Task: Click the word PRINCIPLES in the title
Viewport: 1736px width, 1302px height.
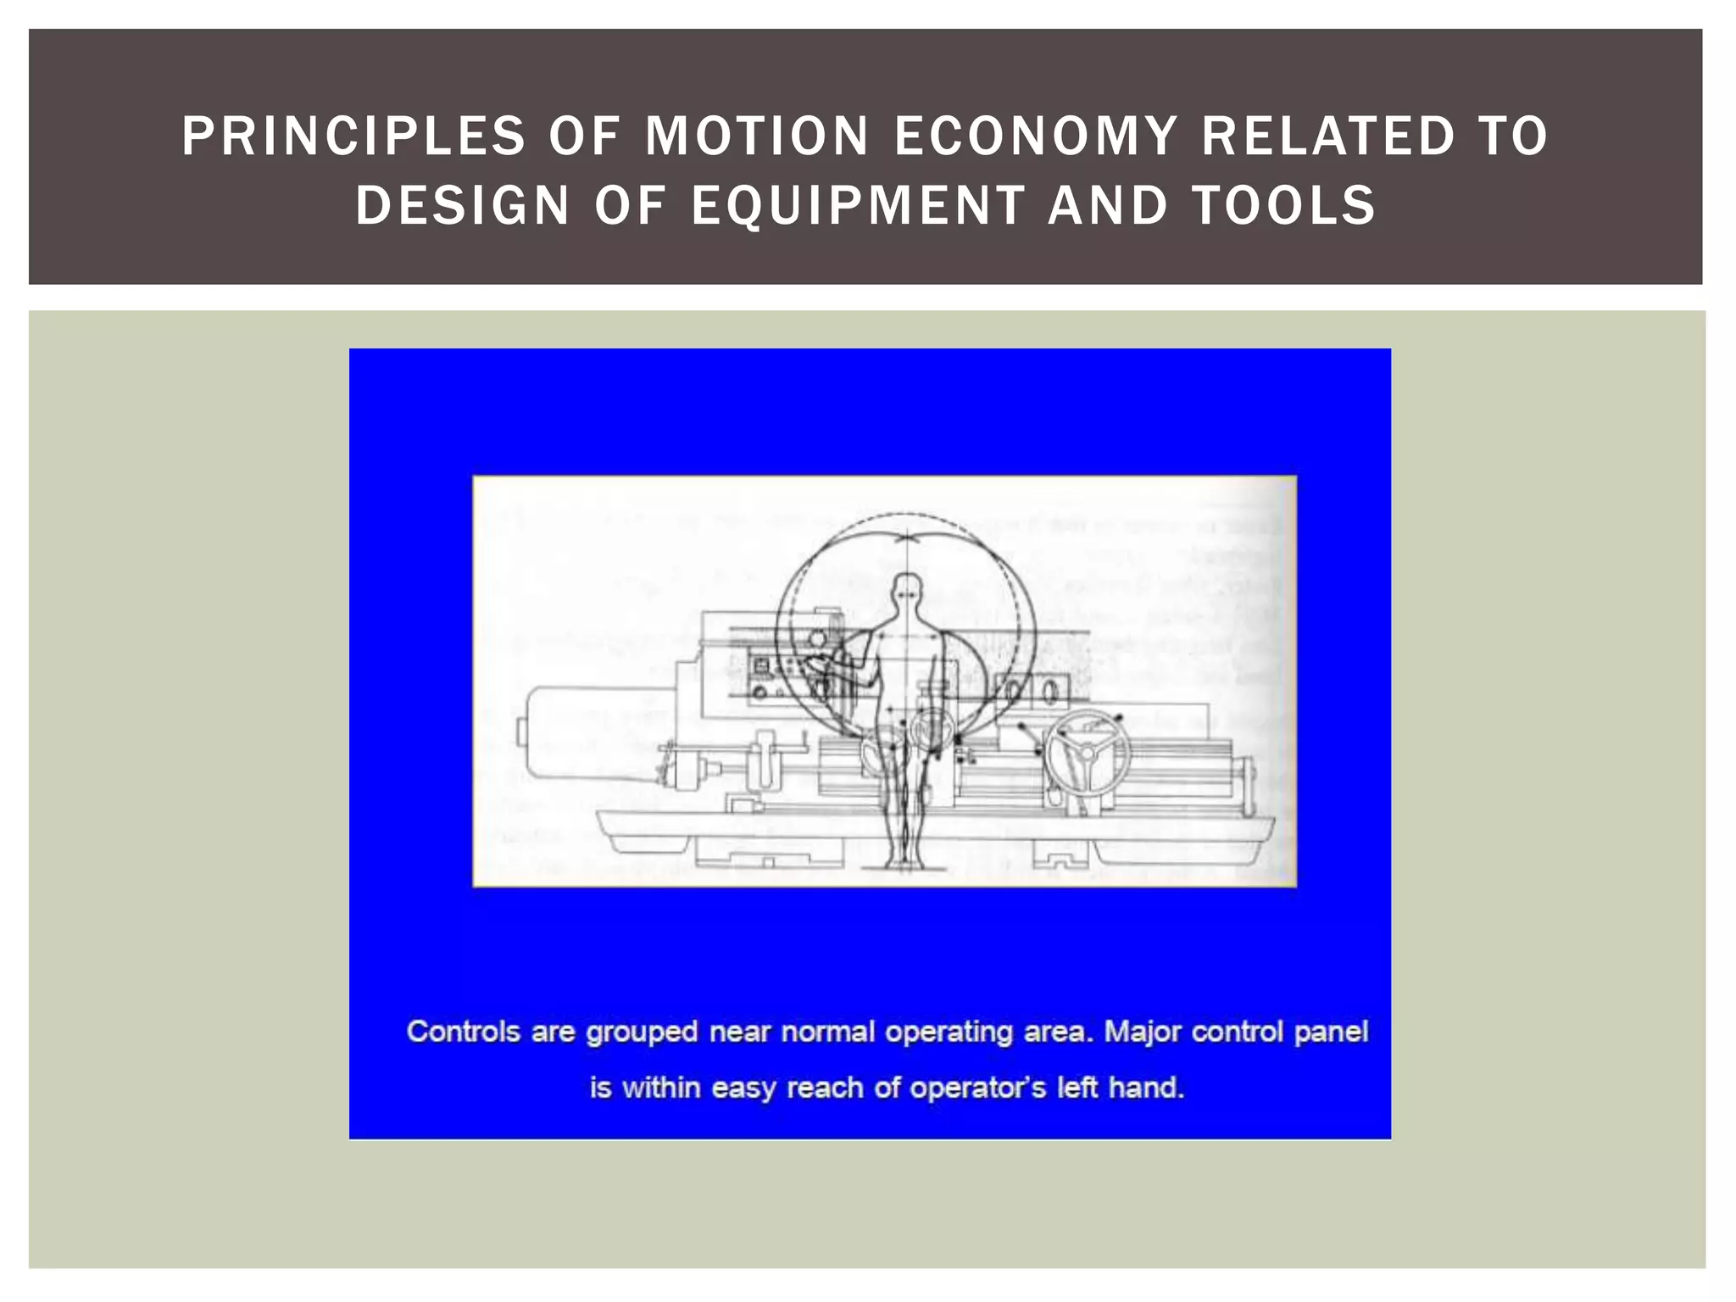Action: click(x=353, y=136)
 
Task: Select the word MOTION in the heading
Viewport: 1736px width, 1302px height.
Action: click(x=757, y=136)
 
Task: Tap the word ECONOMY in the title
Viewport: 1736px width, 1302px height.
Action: click(x=1036, y=136)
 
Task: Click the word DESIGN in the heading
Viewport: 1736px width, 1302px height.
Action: click(x=462, y=206)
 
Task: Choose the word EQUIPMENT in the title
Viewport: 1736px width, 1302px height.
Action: click(x=858, y=206)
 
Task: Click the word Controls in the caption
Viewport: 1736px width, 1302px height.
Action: click(x=463, y=1032)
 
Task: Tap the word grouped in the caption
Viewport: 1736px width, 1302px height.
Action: click(x=642, y=1033)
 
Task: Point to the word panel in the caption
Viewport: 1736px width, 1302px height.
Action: click(x=1332, y=1033)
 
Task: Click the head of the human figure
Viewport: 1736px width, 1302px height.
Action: click(x=907, y=590)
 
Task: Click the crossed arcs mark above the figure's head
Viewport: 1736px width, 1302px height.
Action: click(x=907, y=536)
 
